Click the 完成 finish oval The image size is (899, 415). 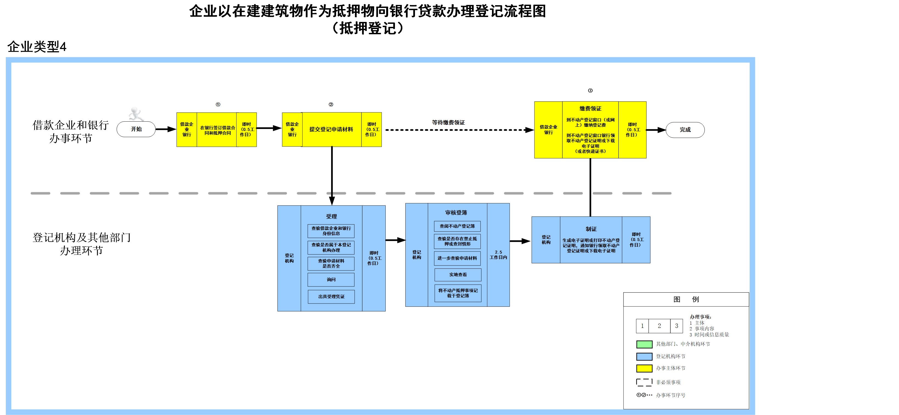point(685,130)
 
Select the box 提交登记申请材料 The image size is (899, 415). point(331,129)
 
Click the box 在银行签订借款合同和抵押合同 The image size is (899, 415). point(217,130)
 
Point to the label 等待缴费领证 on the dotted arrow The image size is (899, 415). point(448,122)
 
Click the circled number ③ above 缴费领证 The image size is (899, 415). point(590,91)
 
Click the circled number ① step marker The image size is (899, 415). point(218,104)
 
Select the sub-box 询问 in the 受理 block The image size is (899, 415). point(331,280)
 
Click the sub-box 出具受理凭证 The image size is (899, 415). point(331,296)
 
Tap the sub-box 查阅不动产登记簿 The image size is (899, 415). point(457,226)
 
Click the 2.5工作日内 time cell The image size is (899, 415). point(498,254)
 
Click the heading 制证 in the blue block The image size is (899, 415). point(591,229)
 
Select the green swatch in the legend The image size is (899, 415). point(644,344)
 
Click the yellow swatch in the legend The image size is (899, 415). point(644,368)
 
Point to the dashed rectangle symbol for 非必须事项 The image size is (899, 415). point(644,382)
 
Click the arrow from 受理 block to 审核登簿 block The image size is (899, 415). point(395,240)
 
